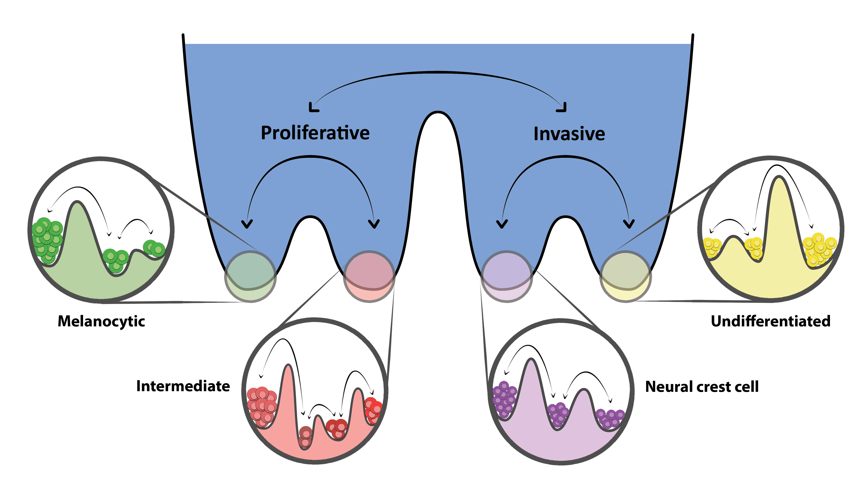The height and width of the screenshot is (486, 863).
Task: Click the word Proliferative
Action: (x=315, y=133)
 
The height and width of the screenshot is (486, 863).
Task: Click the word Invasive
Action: (x=569, y=134)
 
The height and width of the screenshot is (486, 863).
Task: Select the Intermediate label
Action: (x=183, y=386)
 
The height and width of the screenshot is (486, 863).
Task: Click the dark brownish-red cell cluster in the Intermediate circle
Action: (x=305, y=436)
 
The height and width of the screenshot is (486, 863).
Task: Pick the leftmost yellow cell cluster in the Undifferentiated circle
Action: (x=712, y=248)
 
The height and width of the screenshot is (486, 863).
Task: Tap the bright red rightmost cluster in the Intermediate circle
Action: (x=373, y=410)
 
